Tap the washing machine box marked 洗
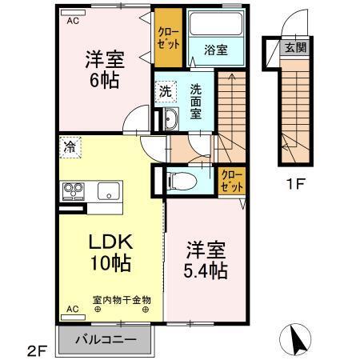[165, 91]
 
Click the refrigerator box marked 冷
[70, 147]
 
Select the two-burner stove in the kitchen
[74, 191]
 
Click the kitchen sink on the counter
[108, 192]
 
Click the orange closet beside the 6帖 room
[169, 39]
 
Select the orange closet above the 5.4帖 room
[228, 178]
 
